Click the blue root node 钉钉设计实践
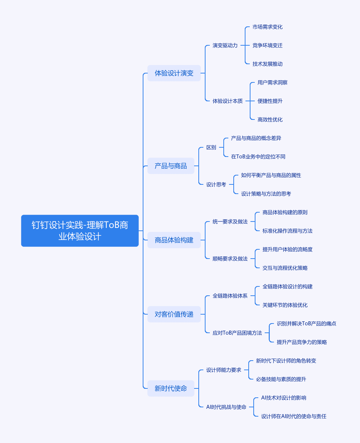click(80, 231)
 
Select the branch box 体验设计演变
click(174, 73)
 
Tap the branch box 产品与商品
click(171, 166)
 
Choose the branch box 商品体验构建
click(174, 240)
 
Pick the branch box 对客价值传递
click(174, 314)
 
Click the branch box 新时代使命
click(171, 388)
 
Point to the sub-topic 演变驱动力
click(225, 45)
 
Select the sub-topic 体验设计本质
click(228, 101)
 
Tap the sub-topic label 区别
click(211, 147)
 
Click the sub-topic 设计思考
click(216, 184)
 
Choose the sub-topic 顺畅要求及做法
click(230, 259)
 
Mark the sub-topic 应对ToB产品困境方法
click(237, 333)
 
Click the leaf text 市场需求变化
click(268, 27)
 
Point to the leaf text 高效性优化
click(270, 119)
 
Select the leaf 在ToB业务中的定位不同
click(258, 157)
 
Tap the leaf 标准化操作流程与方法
click(288, 231)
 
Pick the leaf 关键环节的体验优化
click(285, 305)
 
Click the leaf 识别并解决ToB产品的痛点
click(306, 324)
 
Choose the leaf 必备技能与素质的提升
click(281, 379)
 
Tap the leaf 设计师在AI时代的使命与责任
click(294, 416)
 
